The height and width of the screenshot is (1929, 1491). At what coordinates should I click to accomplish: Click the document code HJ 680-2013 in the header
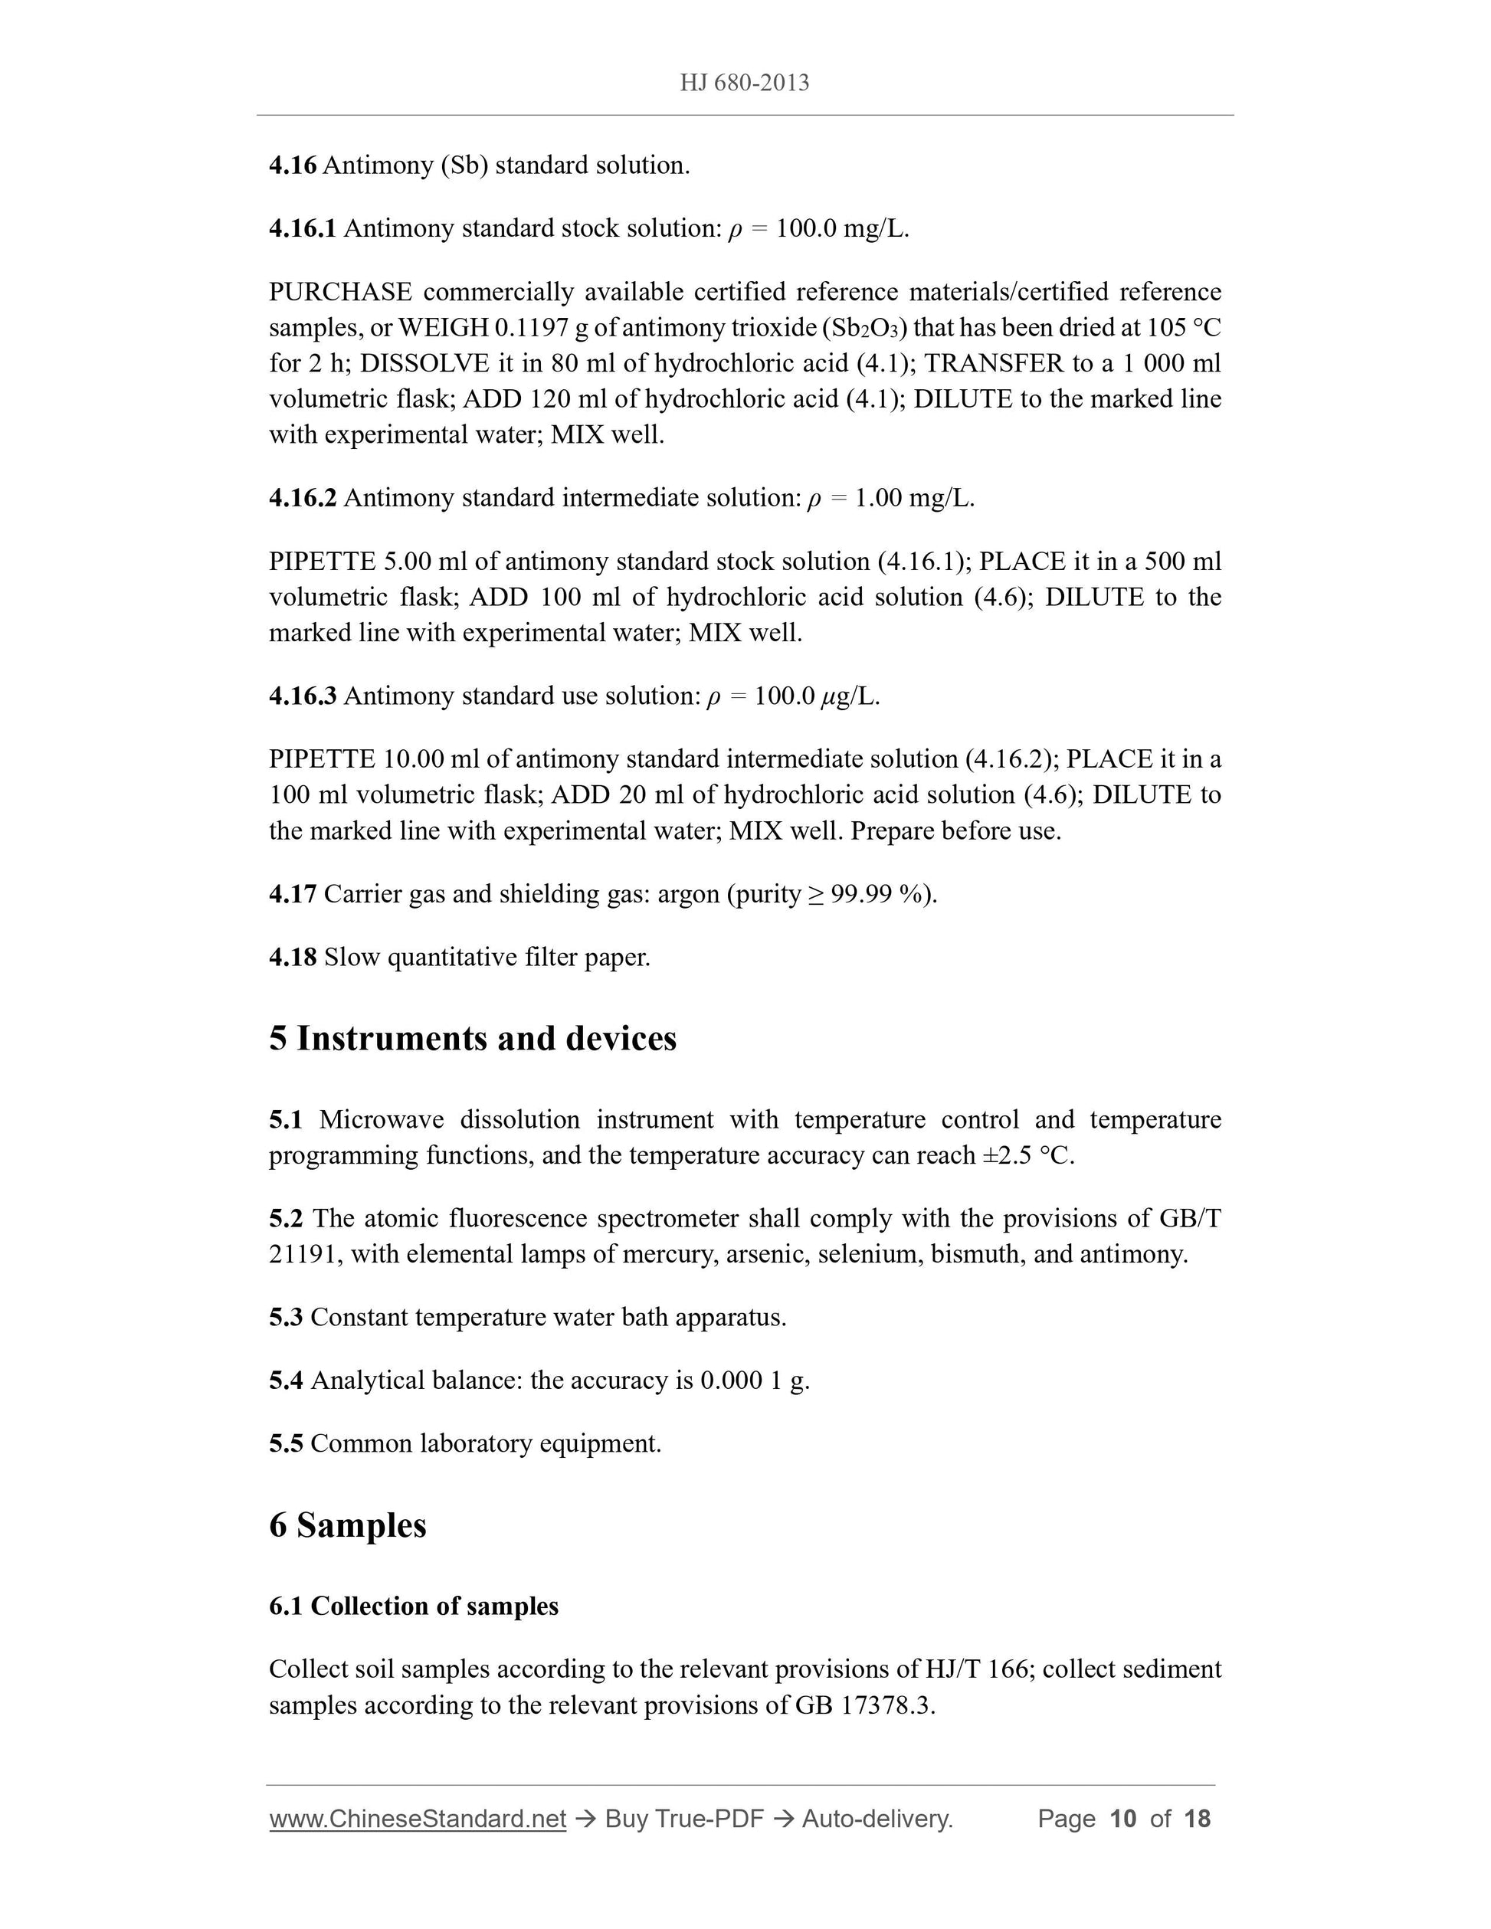point(744,83)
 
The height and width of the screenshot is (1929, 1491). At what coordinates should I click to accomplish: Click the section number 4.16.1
point(302,229)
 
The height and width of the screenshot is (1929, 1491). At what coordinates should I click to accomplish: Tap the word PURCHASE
point(340,293)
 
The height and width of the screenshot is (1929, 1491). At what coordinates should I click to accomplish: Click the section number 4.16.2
point(302,498)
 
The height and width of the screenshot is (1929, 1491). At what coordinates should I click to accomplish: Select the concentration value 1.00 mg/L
point(913,498)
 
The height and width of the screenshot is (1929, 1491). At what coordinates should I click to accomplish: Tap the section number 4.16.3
point(302,696)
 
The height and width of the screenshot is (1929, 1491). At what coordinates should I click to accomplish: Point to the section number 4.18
point(293,958)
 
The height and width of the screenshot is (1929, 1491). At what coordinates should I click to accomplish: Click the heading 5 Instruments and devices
point(473,1039)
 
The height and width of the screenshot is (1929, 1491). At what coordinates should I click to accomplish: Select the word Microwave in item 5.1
point(381,1120)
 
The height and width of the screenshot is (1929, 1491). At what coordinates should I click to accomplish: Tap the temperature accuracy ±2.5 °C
point(1027,1155)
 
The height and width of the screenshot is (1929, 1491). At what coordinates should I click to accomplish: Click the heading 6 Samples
point(347,1525)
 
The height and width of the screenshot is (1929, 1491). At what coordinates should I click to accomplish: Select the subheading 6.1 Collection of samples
point(414,1606)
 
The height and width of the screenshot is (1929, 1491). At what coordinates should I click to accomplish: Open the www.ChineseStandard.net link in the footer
point(417,1819)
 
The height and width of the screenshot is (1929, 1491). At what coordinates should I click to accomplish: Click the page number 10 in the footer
point(1122,1819)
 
